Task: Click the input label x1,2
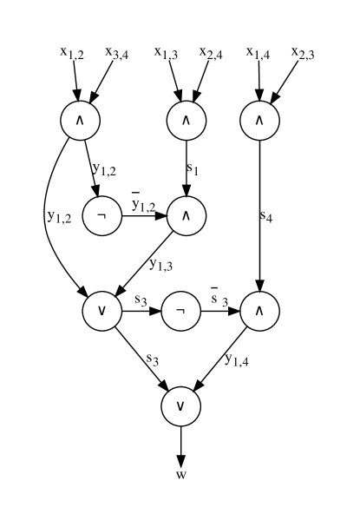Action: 72,54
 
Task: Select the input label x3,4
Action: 119,54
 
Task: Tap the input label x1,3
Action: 167,54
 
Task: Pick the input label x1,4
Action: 258,54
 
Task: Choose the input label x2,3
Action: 304,54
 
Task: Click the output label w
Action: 180,474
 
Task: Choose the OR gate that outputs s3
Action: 102,311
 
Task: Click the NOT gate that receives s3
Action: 180,311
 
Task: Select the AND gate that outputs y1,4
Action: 260,311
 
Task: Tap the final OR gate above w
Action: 180,405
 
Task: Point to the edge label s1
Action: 193,170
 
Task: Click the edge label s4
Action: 267,216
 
